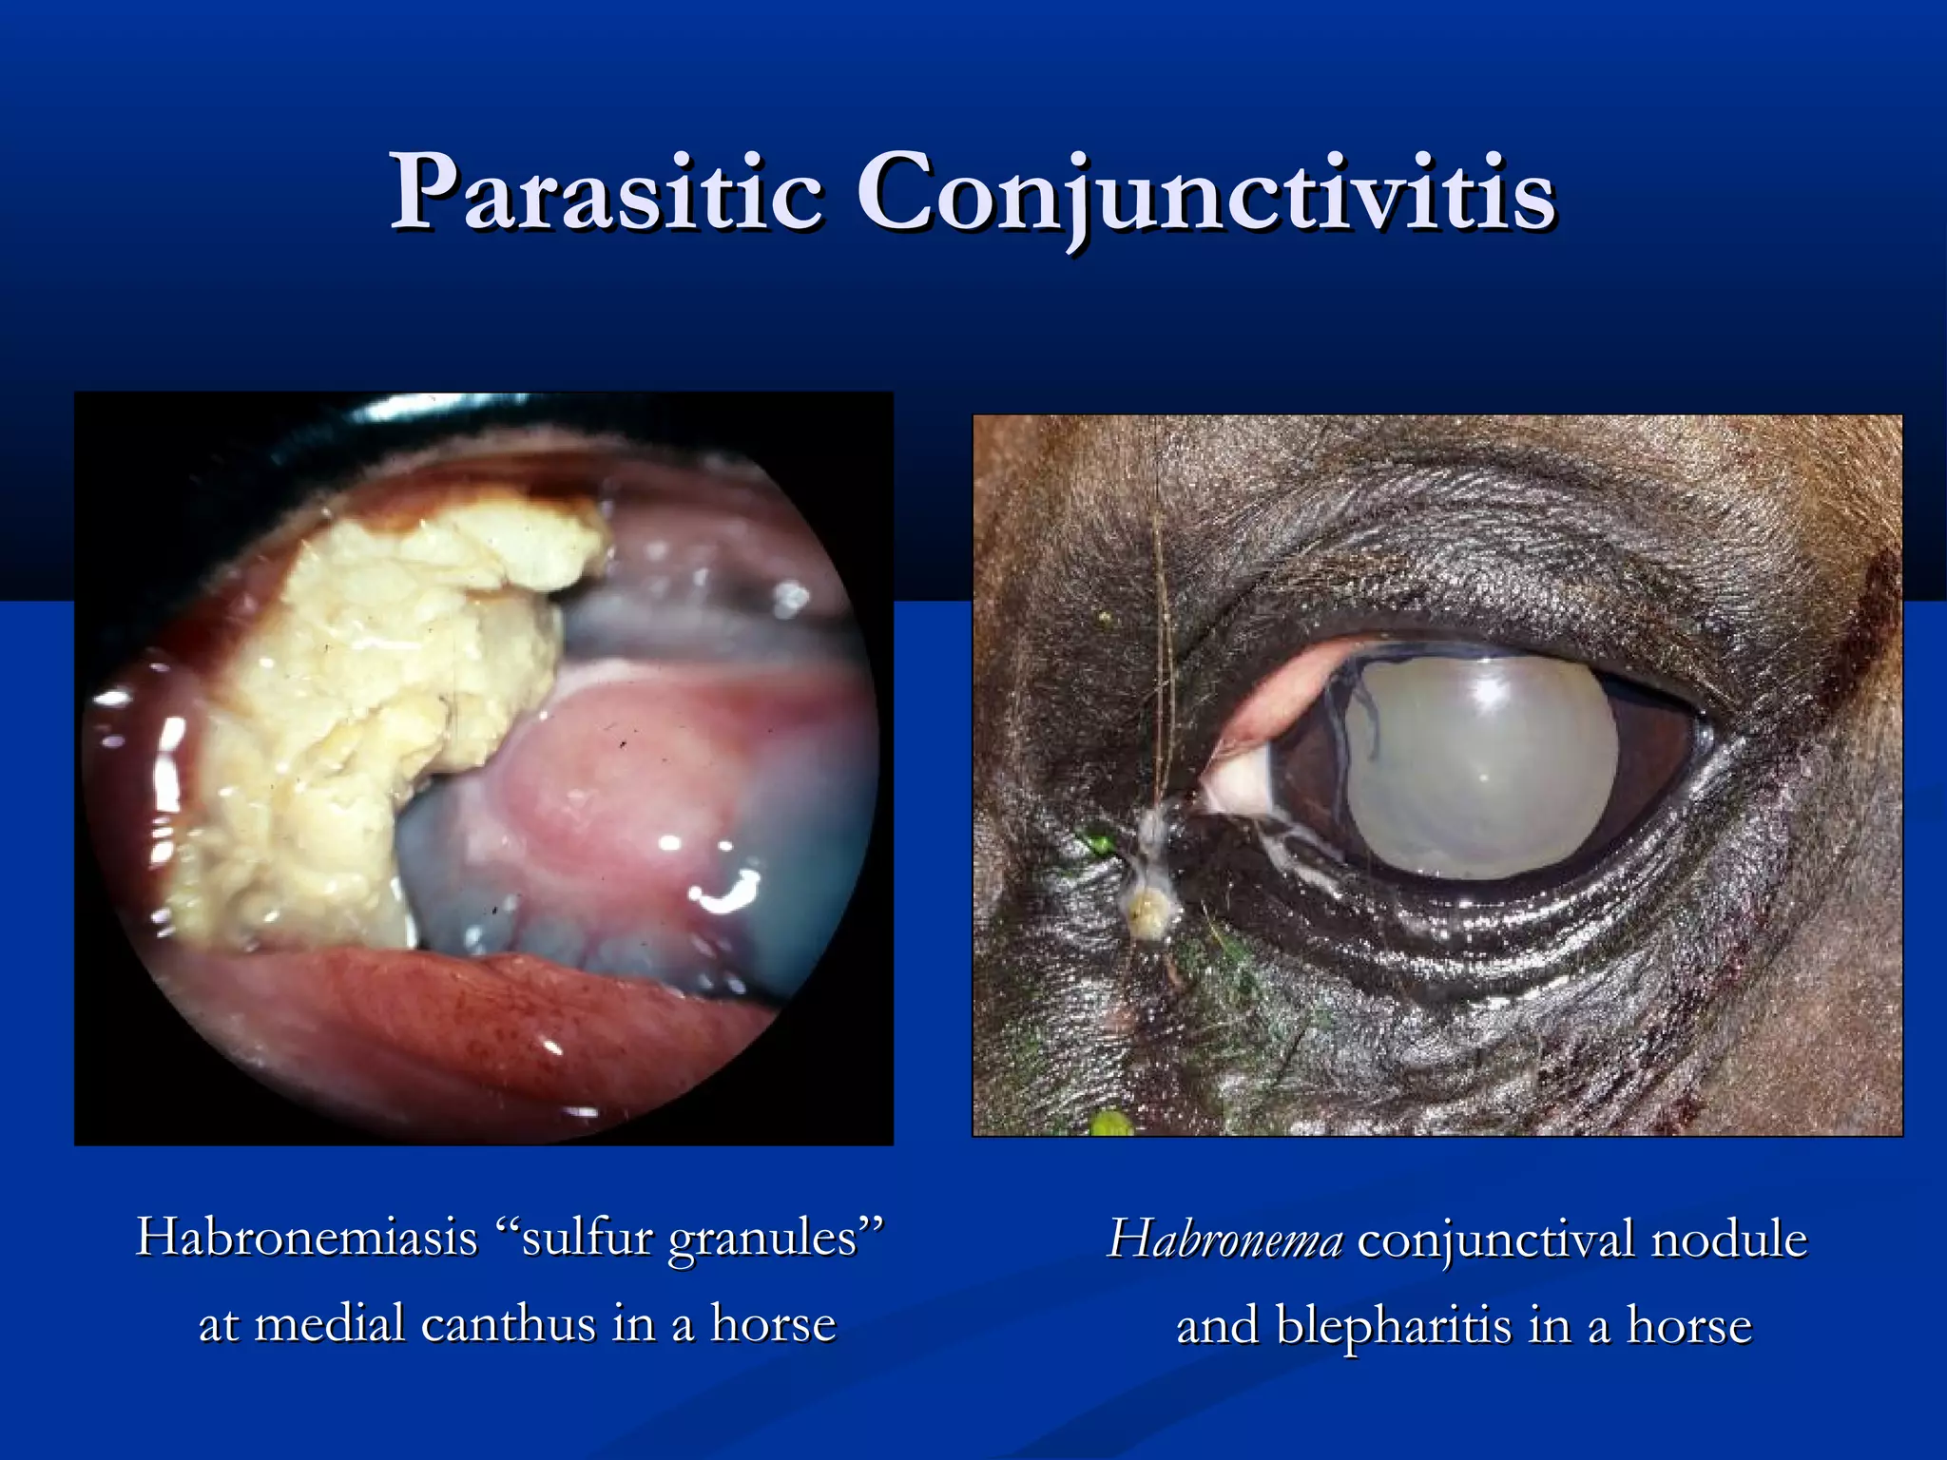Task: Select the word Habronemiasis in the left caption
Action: click(x=306, y=1237)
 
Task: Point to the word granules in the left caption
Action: click(x=776, y=1239)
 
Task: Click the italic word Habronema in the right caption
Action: click(x=1225, y=1239)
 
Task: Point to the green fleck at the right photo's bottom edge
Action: click(x=1108, y=1124)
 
